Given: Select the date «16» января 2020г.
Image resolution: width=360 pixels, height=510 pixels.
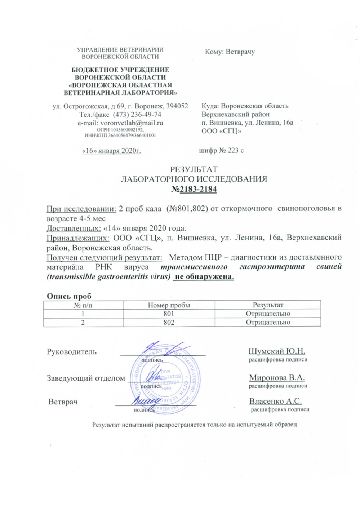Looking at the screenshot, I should click(112, 151).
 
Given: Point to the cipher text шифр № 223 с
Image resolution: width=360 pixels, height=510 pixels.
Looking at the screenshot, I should click(221, 151).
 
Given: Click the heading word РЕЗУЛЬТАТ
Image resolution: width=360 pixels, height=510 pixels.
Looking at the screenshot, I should click(194, 169).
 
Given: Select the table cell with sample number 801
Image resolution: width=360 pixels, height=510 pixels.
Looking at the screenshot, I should click(169, 314).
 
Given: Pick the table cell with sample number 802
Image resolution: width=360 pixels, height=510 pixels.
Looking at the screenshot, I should click(169, 322).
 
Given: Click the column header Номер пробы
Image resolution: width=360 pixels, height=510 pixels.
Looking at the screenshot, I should click(169, 305).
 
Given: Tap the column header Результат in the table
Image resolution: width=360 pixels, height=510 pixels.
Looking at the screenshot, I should click(268, 305).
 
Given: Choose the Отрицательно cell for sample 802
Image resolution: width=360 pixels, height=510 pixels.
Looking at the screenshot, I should click(268, 322).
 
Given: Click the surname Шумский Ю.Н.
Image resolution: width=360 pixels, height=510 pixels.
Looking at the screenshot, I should click(277, 351).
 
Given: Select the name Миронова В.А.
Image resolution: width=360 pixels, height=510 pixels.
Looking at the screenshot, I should click(277, 378).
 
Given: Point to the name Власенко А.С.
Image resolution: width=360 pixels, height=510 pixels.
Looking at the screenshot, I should click(275, 401).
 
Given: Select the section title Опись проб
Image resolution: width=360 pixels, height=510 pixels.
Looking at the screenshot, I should click(69, 296).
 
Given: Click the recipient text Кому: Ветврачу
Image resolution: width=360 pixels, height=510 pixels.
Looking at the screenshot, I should click(230, 52).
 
